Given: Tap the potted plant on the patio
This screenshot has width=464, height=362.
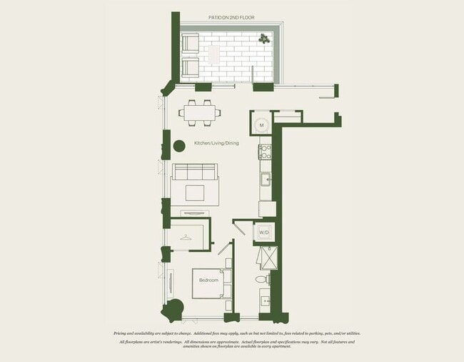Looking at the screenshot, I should [264, 39].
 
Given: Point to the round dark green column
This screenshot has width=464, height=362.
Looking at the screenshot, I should [178, 146].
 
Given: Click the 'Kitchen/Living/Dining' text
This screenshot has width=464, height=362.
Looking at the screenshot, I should [216, 144].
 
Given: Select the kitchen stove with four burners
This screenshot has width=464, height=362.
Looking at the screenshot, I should [265, 152].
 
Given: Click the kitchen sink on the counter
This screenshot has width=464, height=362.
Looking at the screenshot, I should [265, 178].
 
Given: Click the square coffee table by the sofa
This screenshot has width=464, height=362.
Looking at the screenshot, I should [195, 192].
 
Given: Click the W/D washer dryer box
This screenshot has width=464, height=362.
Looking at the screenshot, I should [263, 233].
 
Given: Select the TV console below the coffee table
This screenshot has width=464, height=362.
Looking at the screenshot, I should [195, 212].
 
